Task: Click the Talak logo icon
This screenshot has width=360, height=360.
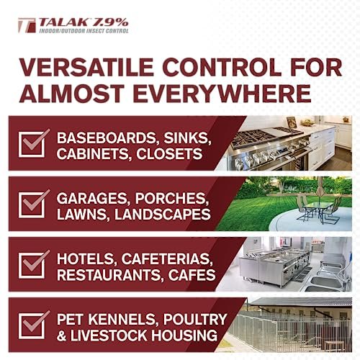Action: tap(26, 27)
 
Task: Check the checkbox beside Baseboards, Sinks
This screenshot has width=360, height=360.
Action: tap(35, 143)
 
